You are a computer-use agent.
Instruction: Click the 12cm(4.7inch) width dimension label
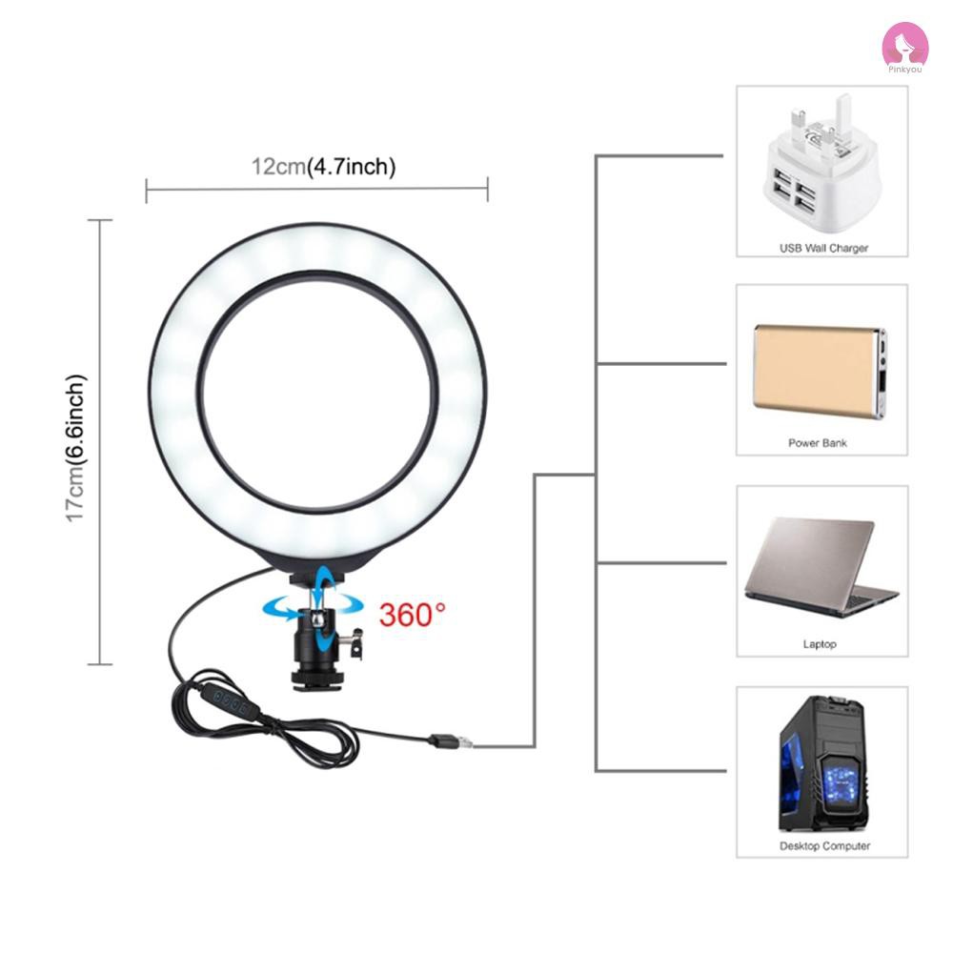point(323,167)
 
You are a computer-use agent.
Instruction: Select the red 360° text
point(412,614)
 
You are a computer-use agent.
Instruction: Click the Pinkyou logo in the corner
point(904,45)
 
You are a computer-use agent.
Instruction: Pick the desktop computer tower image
point(821,764)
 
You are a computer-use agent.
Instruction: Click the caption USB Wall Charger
point(823,248)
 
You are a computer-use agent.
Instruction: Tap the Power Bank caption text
point(818,443)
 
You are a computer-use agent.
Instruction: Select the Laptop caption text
point(820,644)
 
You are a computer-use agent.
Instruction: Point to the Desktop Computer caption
point(824,845)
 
